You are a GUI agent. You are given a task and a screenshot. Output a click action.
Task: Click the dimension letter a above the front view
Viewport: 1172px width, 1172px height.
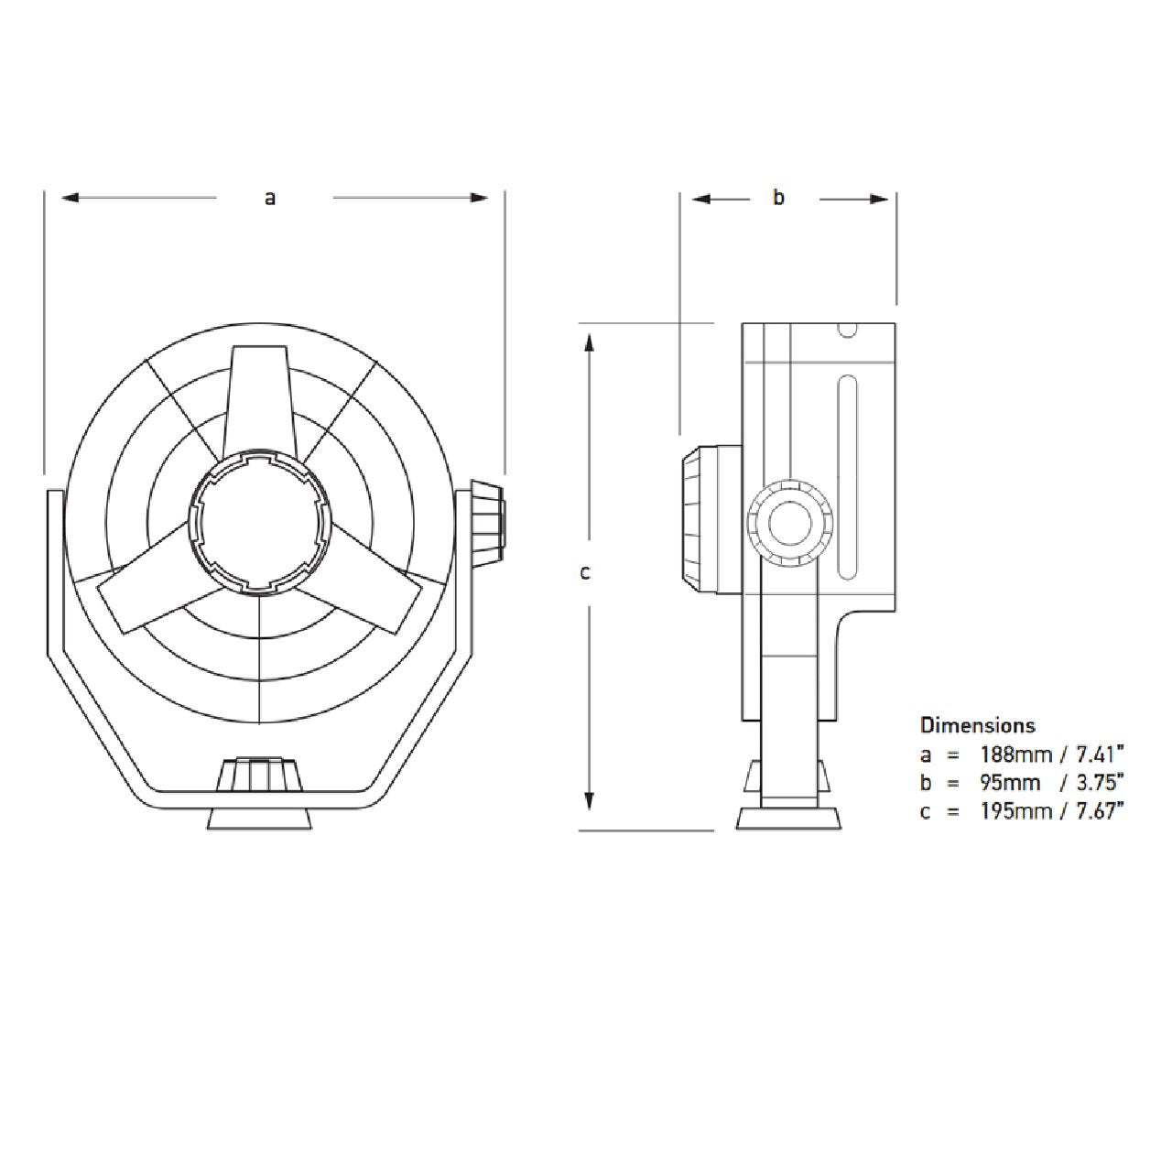tap(270, 197)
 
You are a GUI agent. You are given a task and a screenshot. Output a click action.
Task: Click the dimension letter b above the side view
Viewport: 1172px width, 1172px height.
tap(778, 197)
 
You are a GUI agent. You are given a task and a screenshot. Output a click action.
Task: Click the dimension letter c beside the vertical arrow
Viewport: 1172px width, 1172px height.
tap(585, 573)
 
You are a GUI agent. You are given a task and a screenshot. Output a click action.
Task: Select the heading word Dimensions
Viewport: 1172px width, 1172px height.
tap(977, 725)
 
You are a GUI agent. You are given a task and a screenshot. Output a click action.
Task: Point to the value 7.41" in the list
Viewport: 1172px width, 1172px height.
tap(1096, 754)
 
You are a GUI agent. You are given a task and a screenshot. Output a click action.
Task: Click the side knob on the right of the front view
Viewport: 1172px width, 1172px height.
tap(486, 521)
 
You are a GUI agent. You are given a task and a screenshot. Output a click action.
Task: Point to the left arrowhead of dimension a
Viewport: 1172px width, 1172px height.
tap(70, 197)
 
